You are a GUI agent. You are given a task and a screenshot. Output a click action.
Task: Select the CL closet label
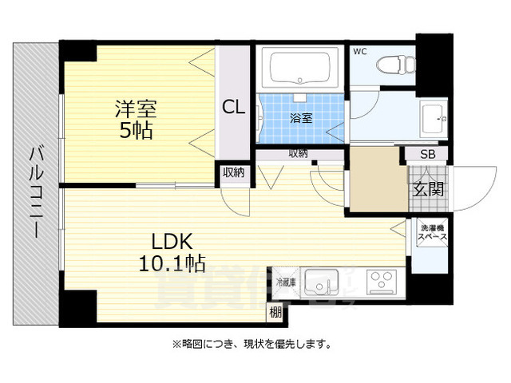(x=234, y=106)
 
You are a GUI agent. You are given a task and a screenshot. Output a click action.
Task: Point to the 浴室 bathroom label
(x=300, y=117)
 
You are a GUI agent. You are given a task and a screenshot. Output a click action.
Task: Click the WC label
(x=360, y=53)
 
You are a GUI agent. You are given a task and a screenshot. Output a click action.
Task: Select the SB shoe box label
(x=428, y=154)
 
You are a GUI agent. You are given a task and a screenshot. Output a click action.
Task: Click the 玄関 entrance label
(x=428, y=188)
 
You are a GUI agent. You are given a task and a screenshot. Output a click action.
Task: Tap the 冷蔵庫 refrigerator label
(x=286, y=281)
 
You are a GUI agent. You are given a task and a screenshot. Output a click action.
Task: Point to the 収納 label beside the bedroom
(x=232, y=172)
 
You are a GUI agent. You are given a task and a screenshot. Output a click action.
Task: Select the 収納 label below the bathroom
(x=299, y=153)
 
